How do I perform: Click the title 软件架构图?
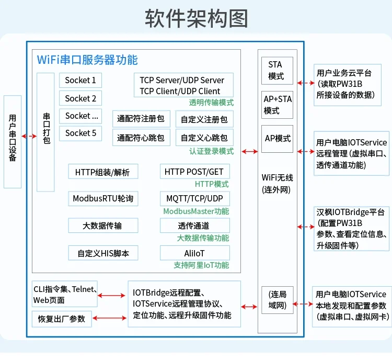tap(196, 18)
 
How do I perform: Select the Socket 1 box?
tap(80, 81)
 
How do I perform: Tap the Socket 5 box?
tap(80, 133)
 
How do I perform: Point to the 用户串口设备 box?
tap(13, 141)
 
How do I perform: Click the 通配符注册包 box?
tap(141, 119)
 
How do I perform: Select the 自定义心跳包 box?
tap(204, 138)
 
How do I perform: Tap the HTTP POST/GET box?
tap(194, 172)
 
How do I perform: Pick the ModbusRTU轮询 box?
tap(103, 199)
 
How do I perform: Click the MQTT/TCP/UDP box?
tap(194, 199)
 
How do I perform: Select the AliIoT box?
tap(194, 253)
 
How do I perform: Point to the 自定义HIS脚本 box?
tap(103, 253)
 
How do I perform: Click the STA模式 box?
tap(276, 71)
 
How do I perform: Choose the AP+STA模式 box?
tap(276, 105)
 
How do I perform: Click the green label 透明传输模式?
tap(211, 103)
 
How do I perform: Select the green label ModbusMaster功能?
tap(196, 211)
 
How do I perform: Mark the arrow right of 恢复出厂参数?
tap(110, 318)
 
